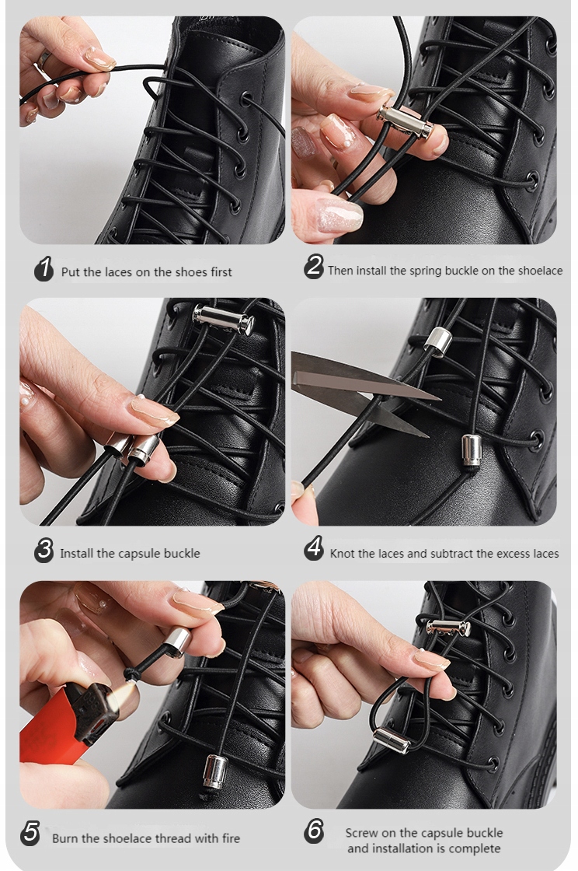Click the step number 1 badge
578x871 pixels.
[44, 269]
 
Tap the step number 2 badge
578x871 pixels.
[314, 267]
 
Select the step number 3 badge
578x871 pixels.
[44, 550]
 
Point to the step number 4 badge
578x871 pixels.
[314, 548]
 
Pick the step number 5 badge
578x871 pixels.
[30, 834]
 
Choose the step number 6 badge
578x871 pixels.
[314, 831]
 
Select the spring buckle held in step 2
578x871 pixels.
[406, 122]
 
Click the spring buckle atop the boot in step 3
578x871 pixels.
[224, 320]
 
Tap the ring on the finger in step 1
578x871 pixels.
[44, 58]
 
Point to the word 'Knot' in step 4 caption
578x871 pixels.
[343, 553]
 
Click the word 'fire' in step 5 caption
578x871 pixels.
[231, 838]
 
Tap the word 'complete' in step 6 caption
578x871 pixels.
[475, 848]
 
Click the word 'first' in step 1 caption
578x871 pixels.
[221, 271]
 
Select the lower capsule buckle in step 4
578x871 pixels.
[472, 450]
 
